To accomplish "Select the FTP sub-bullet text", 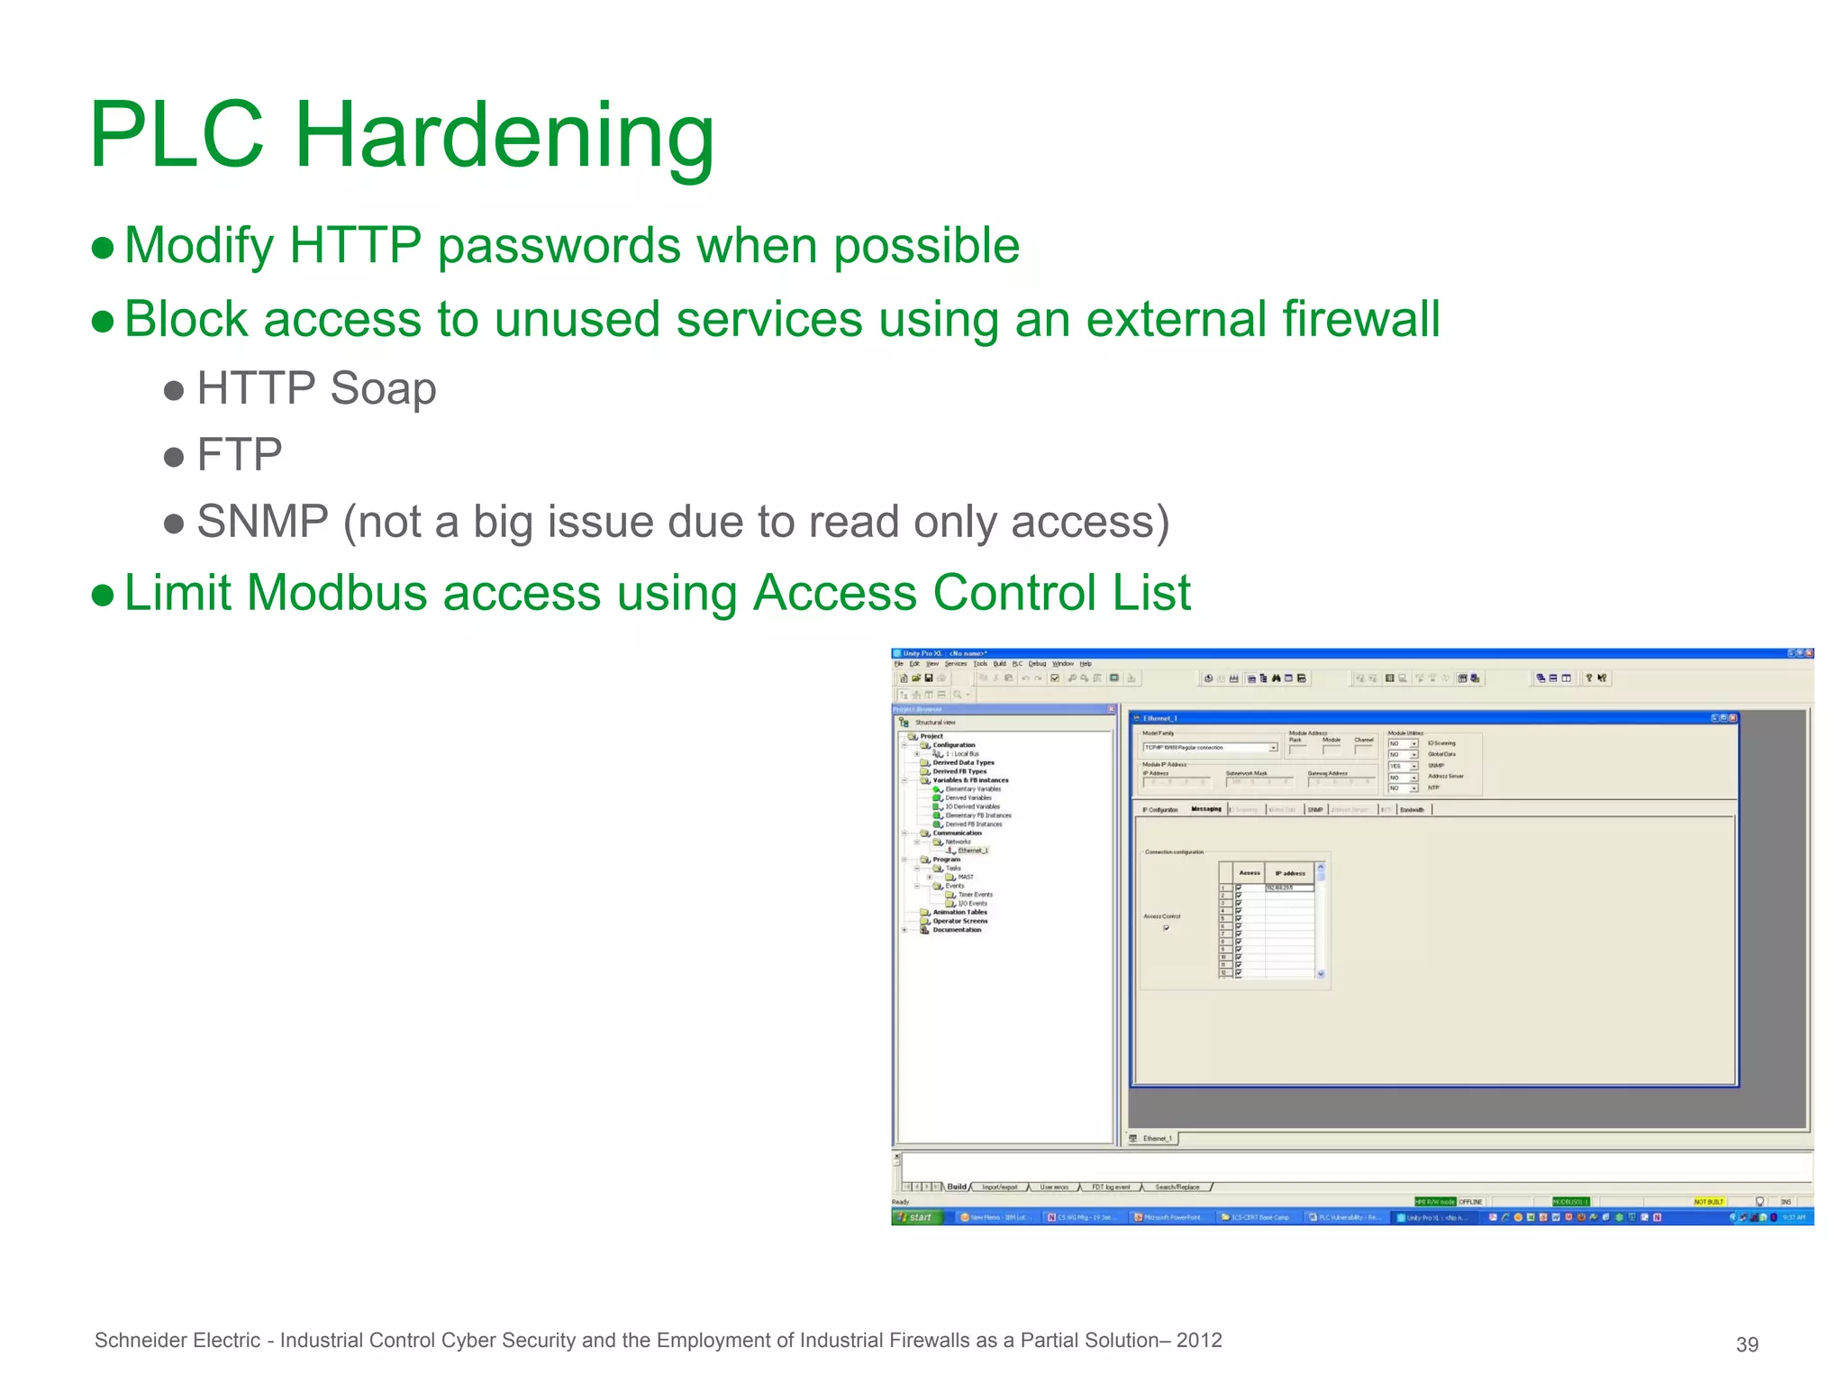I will click(239, 454).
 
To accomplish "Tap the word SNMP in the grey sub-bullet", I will click(262, 522).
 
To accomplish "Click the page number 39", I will click(1747, 1344).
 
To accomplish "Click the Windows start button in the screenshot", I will click(915, 1217).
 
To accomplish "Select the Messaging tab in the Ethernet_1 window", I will click(1206, 809).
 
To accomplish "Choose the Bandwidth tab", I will click(1412, 809).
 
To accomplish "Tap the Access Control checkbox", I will click(1166, 927).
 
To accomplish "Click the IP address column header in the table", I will click(1290, 873).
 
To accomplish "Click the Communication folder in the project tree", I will click(957, 833).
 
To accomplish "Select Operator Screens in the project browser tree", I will click(959, 921).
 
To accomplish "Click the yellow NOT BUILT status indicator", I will click(1708, 1202).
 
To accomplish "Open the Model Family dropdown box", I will click(1273, 748).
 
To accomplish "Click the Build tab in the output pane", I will click(956, 1187).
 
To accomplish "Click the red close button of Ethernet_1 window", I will click(1731, 718).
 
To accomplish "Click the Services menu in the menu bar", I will click(955, 664).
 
